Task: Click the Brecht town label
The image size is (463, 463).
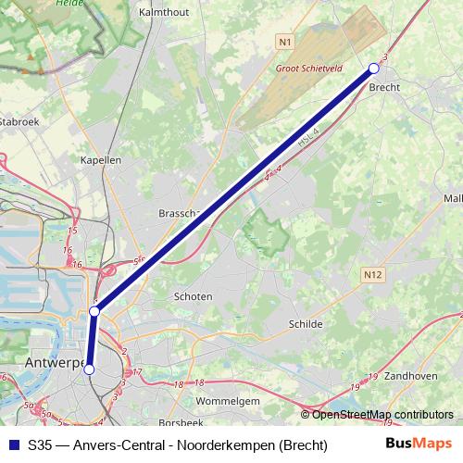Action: (384, 88)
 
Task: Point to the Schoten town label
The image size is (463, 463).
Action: (194, 296)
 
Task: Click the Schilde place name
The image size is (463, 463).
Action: (307, 324)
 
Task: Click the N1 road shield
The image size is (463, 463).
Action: (284, 43)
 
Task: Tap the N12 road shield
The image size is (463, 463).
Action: (372, 274)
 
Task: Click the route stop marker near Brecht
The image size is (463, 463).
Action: (374, 68)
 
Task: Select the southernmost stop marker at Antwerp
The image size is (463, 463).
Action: (89, 369)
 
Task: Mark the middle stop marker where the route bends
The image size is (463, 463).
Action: (94, 312)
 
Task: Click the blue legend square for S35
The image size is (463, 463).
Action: (12, 444)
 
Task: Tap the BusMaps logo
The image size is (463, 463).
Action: (419, 444)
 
